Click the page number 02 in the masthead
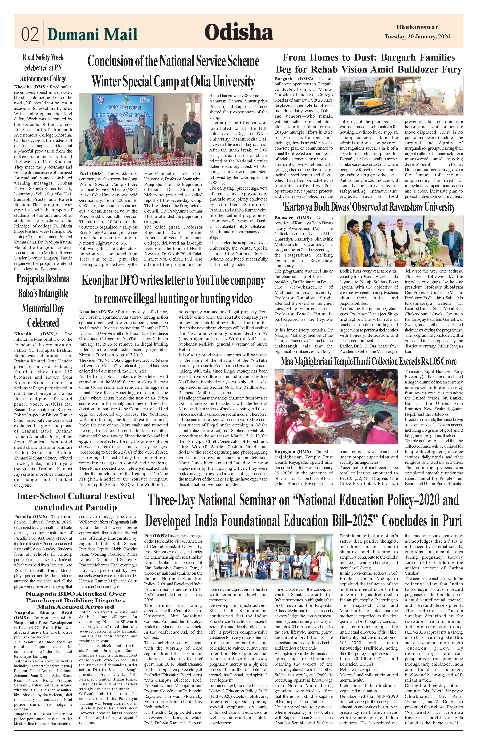coord(30,34)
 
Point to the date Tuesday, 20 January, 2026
coord(417,37)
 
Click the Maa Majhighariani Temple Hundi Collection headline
coord(369,361)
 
